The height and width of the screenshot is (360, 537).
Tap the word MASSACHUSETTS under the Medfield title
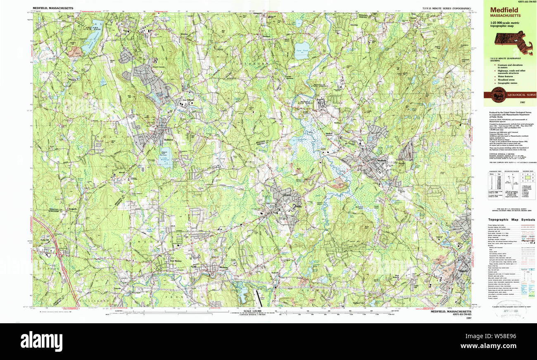point(505,16)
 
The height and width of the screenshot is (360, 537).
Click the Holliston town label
point(167,140)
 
